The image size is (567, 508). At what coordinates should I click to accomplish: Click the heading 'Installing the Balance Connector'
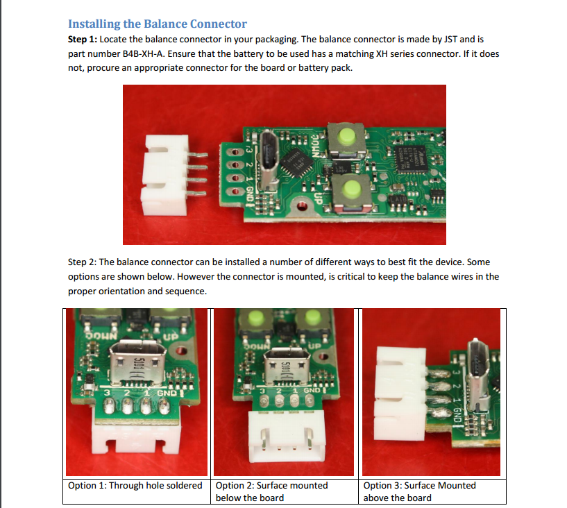coord(158,25)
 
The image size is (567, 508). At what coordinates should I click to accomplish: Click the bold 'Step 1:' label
coord(83,40)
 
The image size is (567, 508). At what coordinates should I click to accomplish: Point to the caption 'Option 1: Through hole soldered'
coord(135,485)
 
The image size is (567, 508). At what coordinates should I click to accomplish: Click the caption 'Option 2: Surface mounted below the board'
coord(272,491)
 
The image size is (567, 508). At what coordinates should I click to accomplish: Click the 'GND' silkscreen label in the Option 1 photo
coord(167,393)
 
